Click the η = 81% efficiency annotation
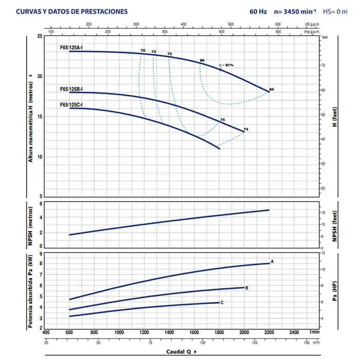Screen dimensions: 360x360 [x=226, y=65]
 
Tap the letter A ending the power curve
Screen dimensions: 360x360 [x=272, y=262]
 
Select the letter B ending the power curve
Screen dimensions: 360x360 [x=247, y=288]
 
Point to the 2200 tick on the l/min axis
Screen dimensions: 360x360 [x=269, y=333]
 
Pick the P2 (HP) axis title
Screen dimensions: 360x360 [x=334, y=291]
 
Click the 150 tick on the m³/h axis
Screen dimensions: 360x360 [x=308, y=343]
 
